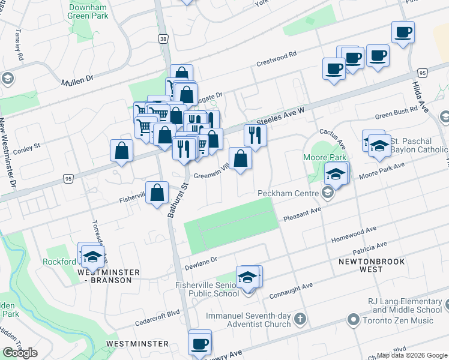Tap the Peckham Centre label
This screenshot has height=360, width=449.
click(x=287, y=193)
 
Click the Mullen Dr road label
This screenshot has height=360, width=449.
click(x=77, y=79)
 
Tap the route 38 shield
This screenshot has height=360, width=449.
click(x=163, y=38)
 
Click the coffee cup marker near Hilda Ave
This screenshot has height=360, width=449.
click(x=403, y=31)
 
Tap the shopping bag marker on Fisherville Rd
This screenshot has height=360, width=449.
click(x=157, y=193)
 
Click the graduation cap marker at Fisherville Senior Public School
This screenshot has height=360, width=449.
click(x=247, y=277)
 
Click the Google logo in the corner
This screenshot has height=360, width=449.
click(x=20, y=353)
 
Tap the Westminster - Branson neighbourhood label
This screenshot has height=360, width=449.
click(x=101, y=276)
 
